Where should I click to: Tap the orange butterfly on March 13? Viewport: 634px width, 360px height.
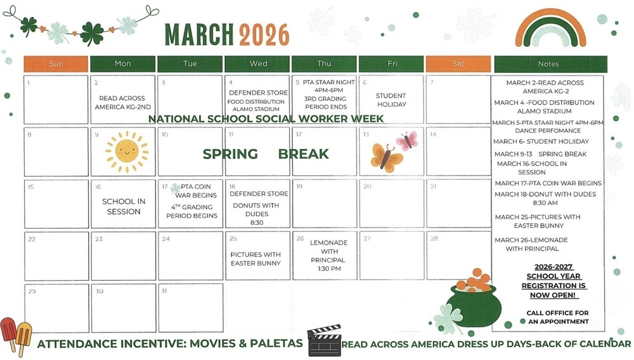[385, 158]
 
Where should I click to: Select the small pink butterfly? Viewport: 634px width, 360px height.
[408, 140]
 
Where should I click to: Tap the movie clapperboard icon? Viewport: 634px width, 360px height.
[324, 342]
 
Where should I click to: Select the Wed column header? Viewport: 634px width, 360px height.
[258, 64]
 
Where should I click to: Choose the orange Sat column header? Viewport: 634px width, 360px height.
[458, 64]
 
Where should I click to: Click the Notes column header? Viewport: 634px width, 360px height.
[548, 64]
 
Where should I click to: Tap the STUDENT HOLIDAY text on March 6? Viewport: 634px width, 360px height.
[391, 100]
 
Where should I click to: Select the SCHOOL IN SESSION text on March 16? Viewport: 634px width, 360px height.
[124, 207]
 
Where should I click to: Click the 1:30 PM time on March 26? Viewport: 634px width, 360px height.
[328, 269]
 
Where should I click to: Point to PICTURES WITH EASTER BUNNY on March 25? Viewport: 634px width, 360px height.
[256, 259]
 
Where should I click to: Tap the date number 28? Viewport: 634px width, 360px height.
[434, 239]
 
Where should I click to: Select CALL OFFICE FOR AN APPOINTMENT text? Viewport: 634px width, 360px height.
[557, 318]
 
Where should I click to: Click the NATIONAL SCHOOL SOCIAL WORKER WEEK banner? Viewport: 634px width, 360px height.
[266, 119]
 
